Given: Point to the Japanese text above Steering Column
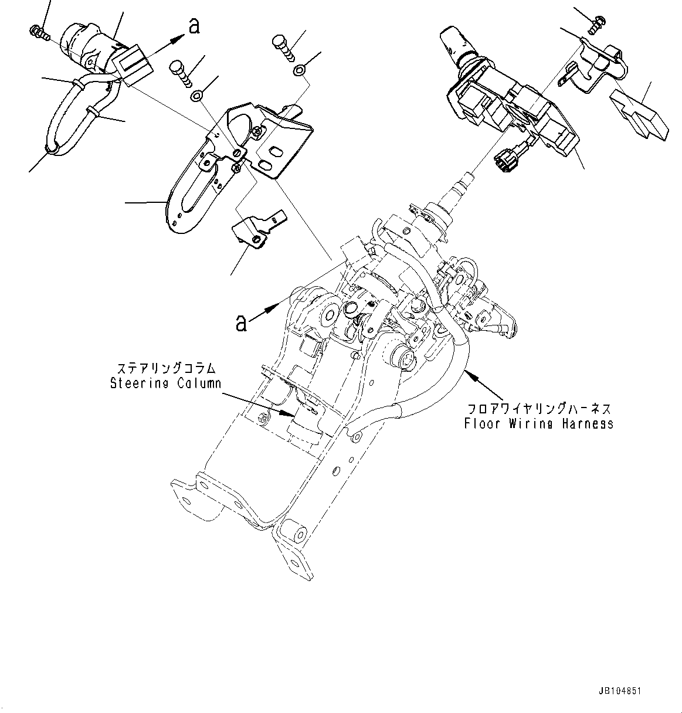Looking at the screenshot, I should click(167, 369).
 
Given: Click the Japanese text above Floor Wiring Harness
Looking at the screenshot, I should click(538, 409).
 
